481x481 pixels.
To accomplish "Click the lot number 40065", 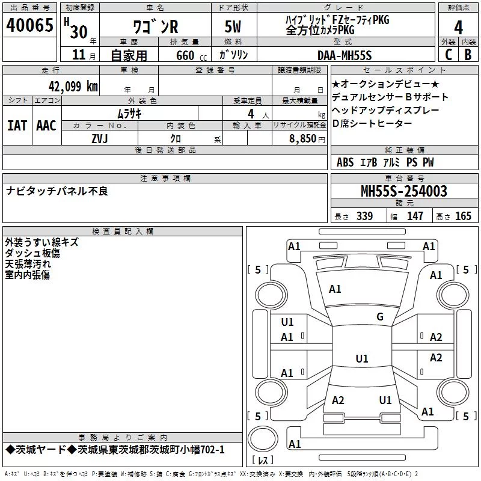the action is coord(29,25).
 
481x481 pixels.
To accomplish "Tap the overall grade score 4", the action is coord(458,28).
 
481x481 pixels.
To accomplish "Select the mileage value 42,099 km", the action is coord(73,87).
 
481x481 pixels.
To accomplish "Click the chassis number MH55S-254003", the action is coord(404,191).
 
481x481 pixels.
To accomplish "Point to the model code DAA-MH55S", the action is coord(345,55).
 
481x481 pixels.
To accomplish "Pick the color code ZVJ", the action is coord(100,139).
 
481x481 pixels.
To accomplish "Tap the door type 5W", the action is coord(233,26).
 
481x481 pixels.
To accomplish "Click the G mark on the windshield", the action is coord(380,316).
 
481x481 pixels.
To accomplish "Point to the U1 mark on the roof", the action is coord(362,358).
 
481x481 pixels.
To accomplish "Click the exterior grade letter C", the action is coord(449,55).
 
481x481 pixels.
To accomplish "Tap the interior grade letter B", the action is coord(468,55).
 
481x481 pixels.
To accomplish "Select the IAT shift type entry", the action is coord(17,126).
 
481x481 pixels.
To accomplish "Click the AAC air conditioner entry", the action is coord(46,126).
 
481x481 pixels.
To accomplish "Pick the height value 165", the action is coord(463,216).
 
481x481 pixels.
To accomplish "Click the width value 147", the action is coord(415,216).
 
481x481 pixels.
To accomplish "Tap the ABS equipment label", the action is coord(345,162).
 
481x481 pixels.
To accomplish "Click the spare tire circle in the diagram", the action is coord(263,438).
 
